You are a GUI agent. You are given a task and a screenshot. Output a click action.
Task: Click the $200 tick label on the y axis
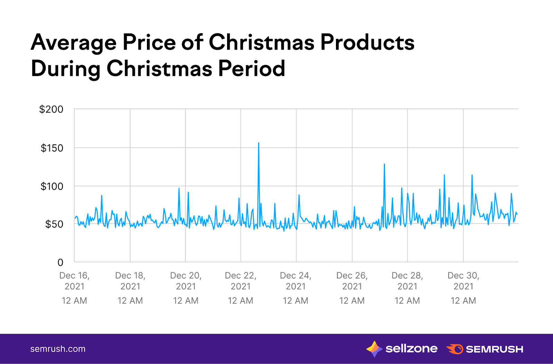(x=51, y=109)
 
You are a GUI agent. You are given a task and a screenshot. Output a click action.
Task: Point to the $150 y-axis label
(x=52, y=148)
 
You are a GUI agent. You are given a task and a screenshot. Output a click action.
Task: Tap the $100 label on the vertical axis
(x=52, y=186)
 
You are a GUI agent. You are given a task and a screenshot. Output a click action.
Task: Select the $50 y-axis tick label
(x=54, y=224)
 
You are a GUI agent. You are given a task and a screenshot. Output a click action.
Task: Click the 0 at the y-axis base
(x=60, y=262)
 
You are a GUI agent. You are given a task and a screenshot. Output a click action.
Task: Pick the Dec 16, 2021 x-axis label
(x=74, y=281)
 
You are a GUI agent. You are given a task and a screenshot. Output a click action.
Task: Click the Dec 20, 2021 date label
(x=186, y=281)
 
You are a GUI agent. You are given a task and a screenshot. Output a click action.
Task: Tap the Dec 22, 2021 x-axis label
(x=241, y=281)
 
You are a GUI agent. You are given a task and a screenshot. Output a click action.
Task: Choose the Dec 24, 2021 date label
(x=296, y=281)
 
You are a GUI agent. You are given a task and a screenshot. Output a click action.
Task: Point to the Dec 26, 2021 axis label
(x=352, y=281)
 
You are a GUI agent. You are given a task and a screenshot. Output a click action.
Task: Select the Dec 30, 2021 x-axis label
(x=463, y=281)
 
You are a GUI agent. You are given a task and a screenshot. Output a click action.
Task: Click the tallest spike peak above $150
(x=259, y=143)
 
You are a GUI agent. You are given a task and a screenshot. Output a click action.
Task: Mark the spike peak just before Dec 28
(x=384, y=164)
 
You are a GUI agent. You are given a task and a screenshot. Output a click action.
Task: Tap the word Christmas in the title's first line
(x=261, y=42)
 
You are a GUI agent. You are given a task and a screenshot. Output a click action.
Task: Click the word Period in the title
(x=251, y=68)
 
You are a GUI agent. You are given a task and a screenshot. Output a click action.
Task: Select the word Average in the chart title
(x=74, y=42)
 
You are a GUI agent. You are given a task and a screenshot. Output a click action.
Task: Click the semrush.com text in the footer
(x=58, y=349)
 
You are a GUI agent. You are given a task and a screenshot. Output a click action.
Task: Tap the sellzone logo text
(x=411, y=349)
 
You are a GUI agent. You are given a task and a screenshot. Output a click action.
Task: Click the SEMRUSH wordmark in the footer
(x=494, y=349)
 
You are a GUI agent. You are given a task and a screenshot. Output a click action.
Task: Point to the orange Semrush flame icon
(x=455, y=349)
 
